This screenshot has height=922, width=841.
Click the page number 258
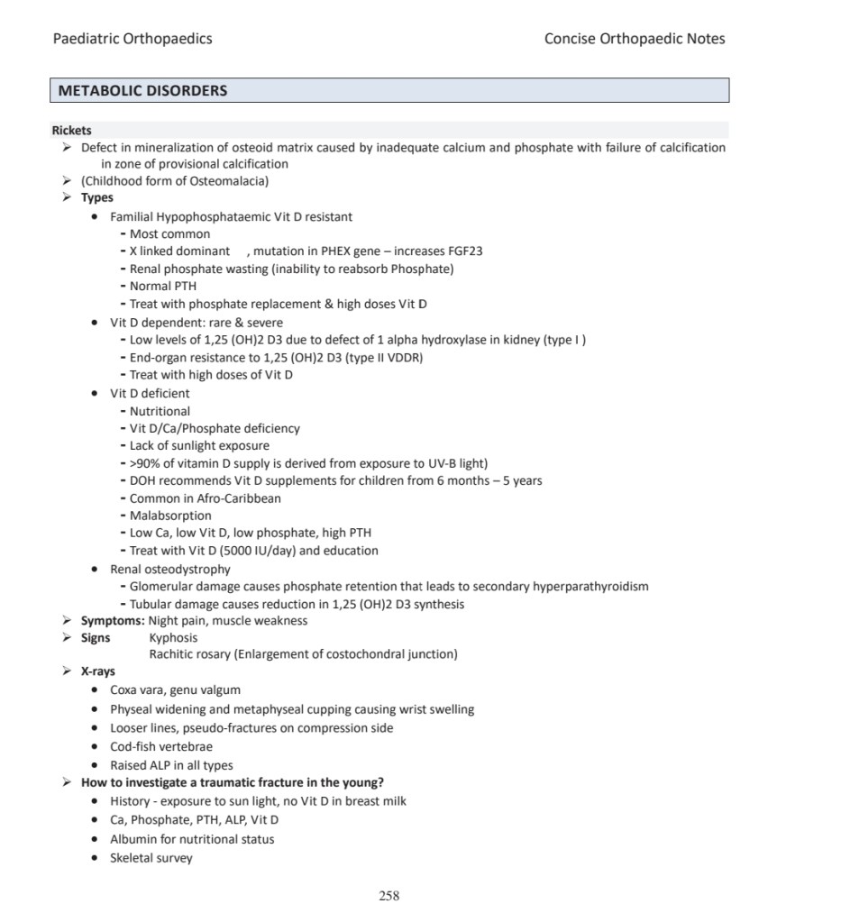[x=389, y=895]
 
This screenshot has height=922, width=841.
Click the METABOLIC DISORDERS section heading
[x=142, y=91]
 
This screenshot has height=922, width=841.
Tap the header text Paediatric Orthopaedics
[x=133, y=39]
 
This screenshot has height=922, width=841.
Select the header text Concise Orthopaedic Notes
[x=635, y=39]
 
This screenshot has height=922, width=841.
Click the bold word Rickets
[x=71, y=131]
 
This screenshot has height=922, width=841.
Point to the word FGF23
[x=463, y=251]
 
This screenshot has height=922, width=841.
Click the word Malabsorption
[x=170, y=516]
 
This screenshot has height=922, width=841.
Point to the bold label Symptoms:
[x=113, y=621]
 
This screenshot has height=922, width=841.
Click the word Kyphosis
[x=173, y=638]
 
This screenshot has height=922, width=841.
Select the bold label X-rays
[x=97, y=671]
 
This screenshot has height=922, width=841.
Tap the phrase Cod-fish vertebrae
[x=161, y=747]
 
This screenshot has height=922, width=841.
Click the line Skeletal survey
[x=151, y=858]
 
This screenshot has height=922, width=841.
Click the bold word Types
[x=97, y=198]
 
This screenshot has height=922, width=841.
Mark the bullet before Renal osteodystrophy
[x=96, y=570]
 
